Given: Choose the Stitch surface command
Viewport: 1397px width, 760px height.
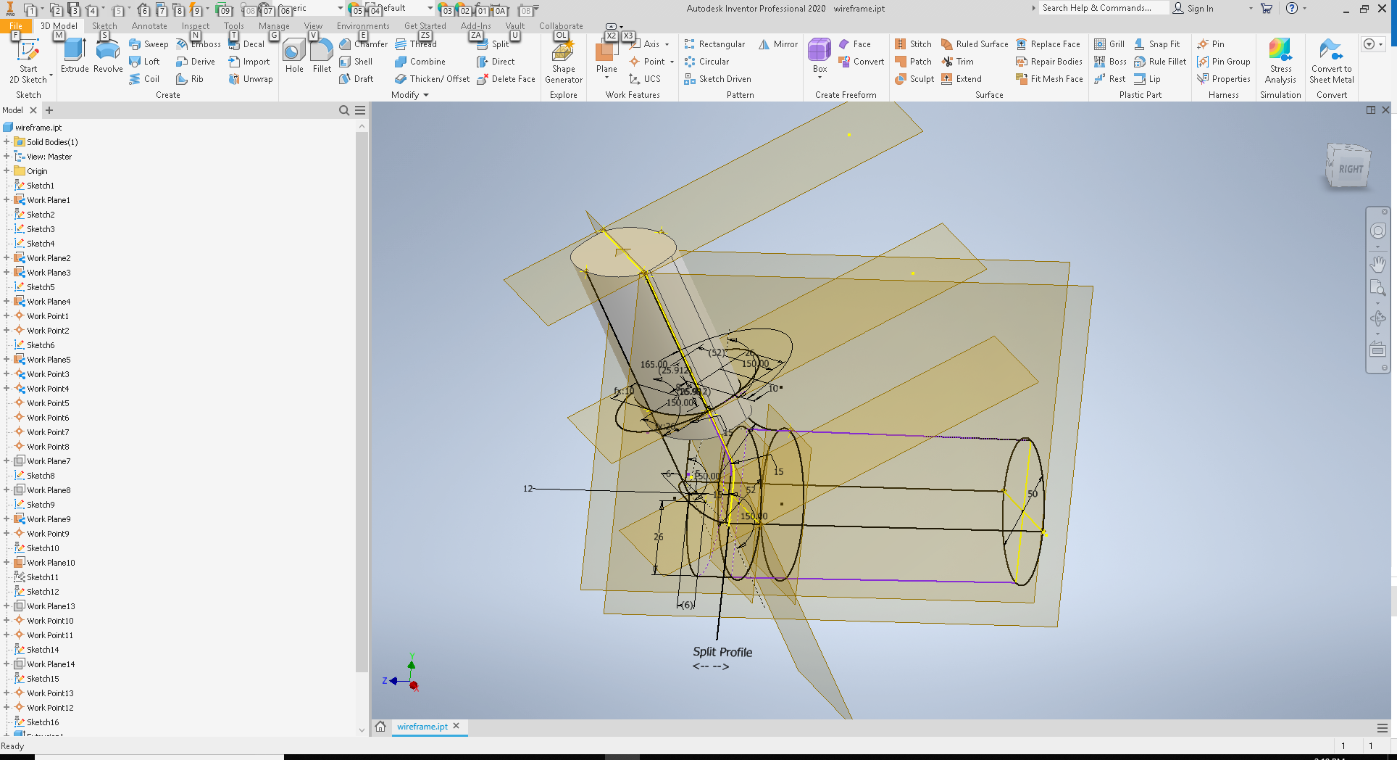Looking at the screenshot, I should (914, 44).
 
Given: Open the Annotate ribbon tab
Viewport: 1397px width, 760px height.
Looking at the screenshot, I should (149, 26).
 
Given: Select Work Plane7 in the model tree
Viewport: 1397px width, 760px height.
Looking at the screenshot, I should (49, 461).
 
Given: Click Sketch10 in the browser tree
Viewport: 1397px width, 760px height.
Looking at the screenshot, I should (43, 548).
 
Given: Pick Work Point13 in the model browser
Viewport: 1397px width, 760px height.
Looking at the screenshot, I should (50, 693).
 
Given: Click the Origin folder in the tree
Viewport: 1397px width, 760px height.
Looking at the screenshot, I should (37, 171).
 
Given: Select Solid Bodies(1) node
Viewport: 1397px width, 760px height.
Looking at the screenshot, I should (52, 142).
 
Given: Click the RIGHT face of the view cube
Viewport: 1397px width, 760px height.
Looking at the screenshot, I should (1350, 169).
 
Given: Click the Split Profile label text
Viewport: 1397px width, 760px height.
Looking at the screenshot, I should (722, 652).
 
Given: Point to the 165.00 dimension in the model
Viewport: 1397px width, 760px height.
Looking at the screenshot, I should (654, 364).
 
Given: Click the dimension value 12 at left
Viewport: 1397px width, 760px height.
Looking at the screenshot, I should (527, 489).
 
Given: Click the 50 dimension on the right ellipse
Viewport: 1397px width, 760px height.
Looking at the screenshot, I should (1033, 494).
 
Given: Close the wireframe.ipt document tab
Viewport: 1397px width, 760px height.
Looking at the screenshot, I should (456, 726).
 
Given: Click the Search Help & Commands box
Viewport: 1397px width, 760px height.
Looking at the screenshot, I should (1103, 8).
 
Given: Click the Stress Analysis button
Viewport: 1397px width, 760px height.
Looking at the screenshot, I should (1280, 61).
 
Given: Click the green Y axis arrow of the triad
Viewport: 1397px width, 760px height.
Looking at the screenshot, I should (412, 664).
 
